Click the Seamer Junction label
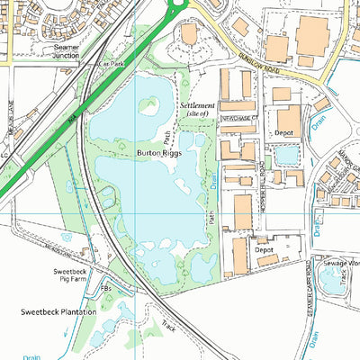[x=67, y=51]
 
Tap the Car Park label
[x=111, y=64]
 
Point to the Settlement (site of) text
[x=198, y=110]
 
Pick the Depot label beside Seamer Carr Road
[x=265, y=249]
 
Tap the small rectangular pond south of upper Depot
[x=286, y=156]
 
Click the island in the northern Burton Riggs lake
[x=148, y=105]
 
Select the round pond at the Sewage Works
[x=331, y=281]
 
